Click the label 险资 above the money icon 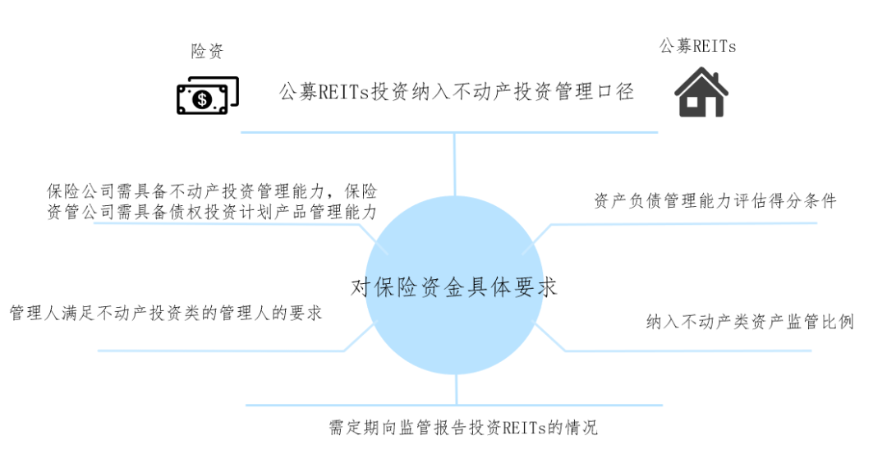point(207,52)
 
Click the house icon point(701,92)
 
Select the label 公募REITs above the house point(697,46)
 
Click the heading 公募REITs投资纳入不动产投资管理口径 point(457,91)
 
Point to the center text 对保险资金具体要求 point(454,287)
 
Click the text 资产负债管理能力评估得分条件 point(715,201)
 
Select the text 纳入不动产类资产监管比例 point(750,322)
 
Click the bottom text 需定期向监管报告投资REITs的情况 point(463,428)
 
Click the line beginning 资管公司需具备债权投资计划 point(212,213)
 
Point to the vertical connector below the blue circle point(454,390)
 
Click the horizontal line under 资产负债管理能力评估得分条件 point(682,222)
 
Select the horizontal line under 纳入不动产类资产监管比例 point(690,351)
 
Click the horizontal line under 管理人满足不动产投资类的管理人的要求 point(222,351)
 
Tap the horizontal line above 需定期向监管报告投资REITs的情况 point(454,405)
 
